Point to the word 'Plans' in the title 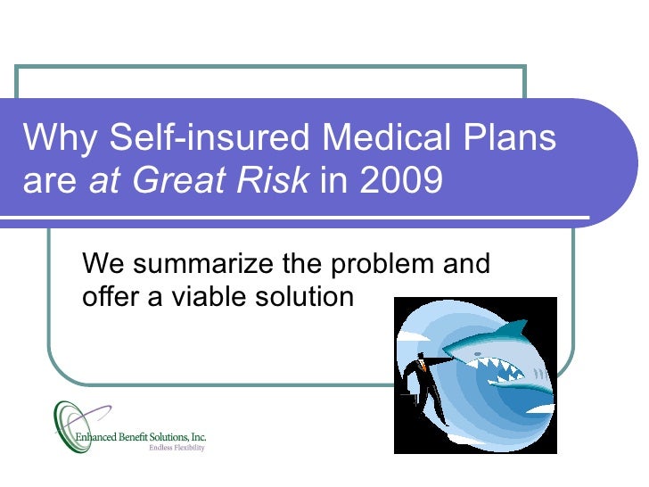tap(513, 139)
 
